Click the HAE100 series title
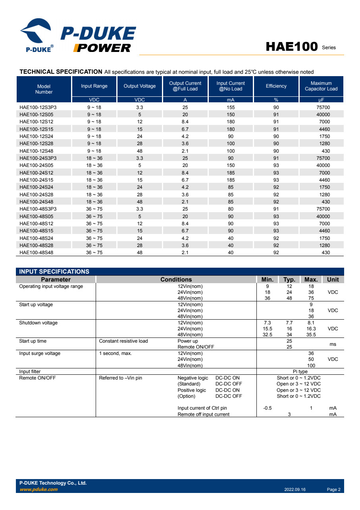[x=292, y=47]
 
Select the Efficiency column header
[x=276, y=86]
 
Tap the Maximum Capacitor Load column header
[x=321, y=86]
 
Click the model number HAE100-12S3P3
[x=38, y=107]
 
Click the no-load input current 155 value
[x=231, y=107]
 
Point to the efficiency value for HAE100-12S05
[x=276, y=115]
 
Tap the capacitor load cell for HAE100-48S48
[x=325, y=253]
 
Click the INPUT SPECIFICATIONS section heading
[x=54, y=272]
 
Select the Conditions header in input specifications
[x=176, y=280]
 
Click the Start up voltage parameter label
[x=36, y=305]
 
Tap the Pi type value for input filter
[x=300, y=372]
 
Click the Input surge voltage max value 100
[x=311, y=366]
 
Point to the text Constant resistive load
[x=123, y=341]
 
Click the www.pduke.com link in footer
[x=39, y=489]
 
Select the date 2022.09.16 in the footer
[x=295, y=490]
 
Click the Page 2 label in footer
[x=333, y=490]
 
